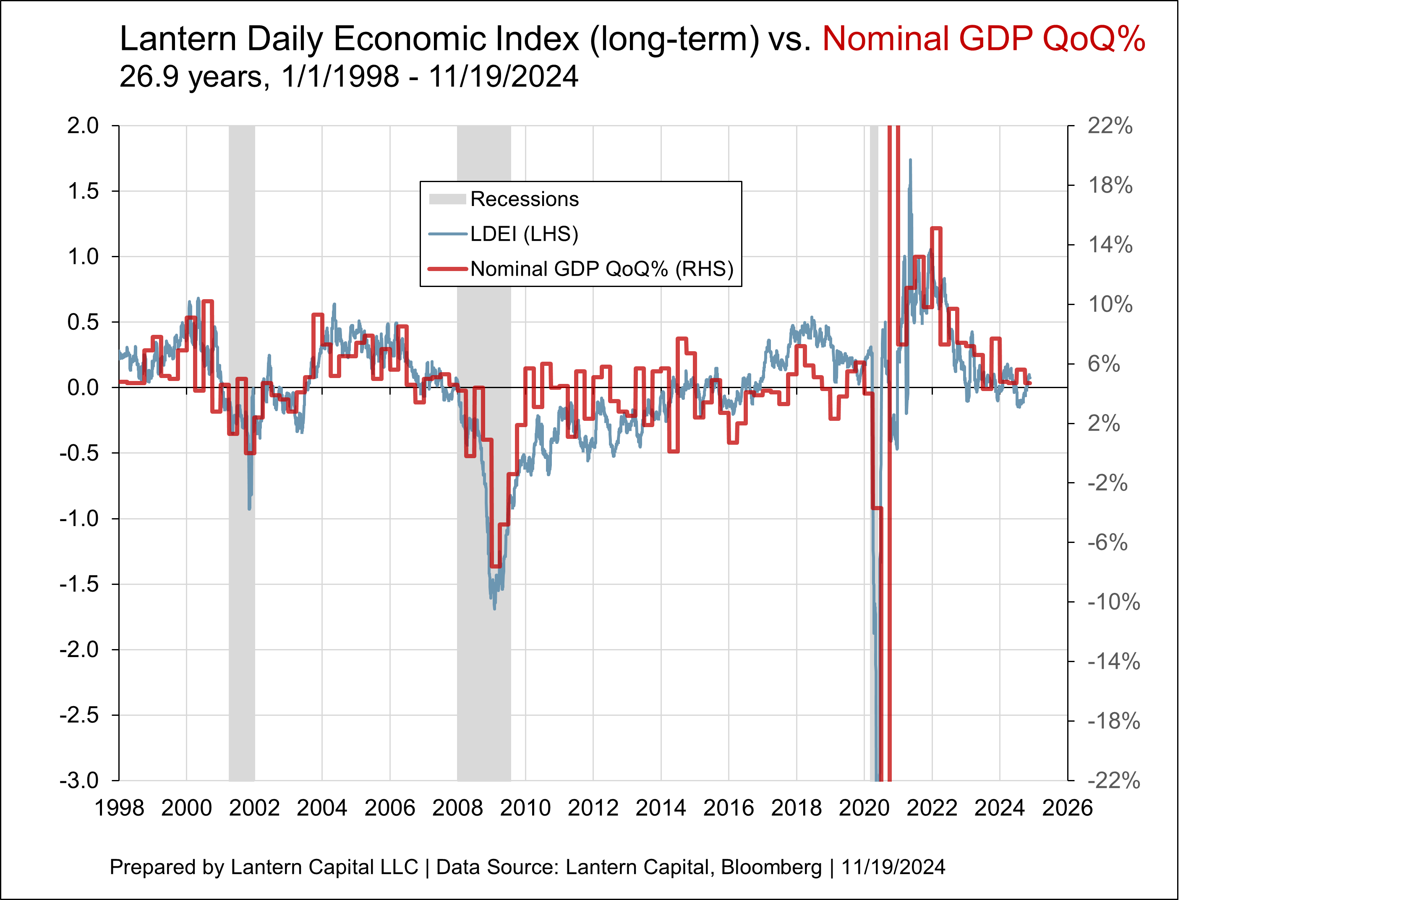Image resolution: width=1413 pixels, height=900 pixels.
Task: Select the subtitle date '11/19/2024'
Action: [504, 77]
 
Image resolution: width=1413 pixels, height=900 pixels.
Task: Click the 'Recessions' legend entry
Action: [524, 199]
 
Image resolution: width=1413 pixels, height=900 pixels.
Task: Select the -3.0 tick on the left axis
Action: [79, 780]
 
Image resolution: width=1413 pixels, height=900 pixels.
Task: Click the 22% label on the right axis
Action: [1110, 125]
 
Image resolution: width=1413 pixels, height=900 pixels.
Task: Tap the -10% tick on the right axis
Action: [1113, 602]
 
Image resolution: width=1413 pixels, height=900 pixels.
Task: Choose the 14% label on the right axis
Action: [1110, 245]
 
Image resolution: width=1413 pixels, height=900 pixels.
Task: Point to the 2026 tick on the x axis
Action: [1067, 808]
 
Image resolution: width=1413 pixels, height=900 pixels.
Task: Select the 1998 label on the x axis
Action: [119, 808]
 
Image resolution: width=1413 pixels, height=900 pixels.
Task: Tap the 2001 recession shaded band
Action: [242, 587]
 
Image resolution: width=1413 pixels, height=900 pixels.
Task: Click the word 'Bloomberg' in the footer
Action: [771, 867]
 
